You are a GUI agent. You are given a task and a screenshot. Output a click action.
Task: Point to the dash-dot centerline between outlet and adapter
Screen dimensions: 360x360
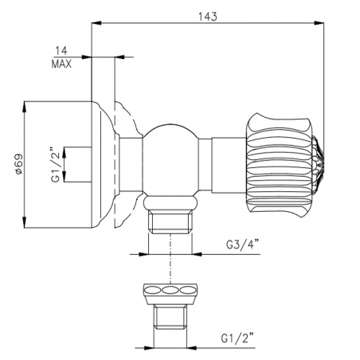click(170, 263)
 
